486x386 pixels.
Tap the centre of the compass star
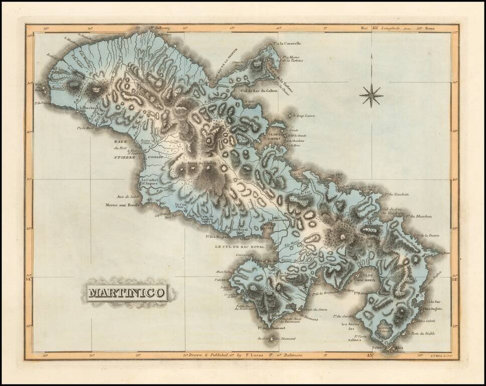coord(371,95)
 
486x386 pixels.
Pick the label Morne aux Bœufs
coord(123,205)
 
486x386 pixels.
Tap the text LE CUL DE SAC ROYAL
coord(239,247)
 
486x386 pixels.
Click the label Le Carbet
coord(149,180)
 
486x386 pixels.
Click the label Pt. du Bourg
coord(159,29)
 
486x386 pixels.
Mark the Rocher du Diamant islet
coord(272,340)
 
